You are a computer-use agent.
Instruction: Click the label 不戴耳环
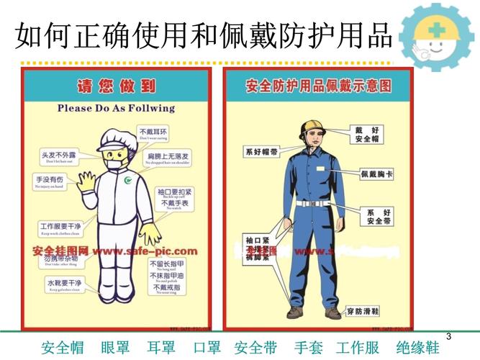[153, 133]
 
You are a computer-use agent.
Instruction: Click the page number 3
[449, 337]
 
